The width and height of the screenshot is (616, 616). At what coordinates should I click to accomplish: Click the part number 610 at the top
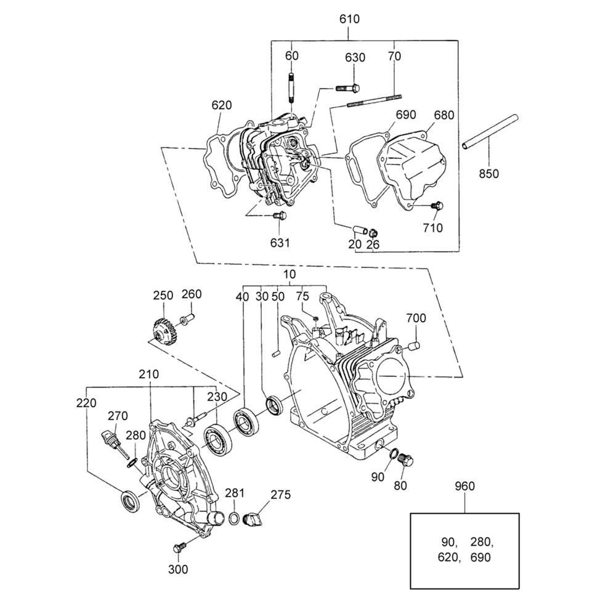tap(349, 19)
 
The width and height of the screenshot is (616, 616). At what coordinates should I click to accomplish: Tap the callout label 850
tap(488, 174)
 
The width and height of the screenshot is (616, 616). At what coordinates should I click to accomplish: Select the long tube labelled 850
tap(490, 131)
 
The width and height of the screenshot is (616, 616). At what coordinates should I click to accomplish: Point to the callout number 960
tap(464, 486)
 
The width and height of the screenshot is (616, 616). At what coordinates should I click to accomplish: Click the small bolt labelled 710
tap(438, 205)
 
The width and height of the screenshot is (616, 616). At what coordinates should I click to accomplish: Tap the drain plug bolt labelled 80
tap(406, 460)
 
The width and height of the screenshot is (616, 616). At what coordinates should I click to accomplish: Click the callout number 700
tap(416, 318)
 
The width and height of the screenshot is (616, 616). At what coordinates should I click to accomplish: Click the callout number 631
tap(280, 243)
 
